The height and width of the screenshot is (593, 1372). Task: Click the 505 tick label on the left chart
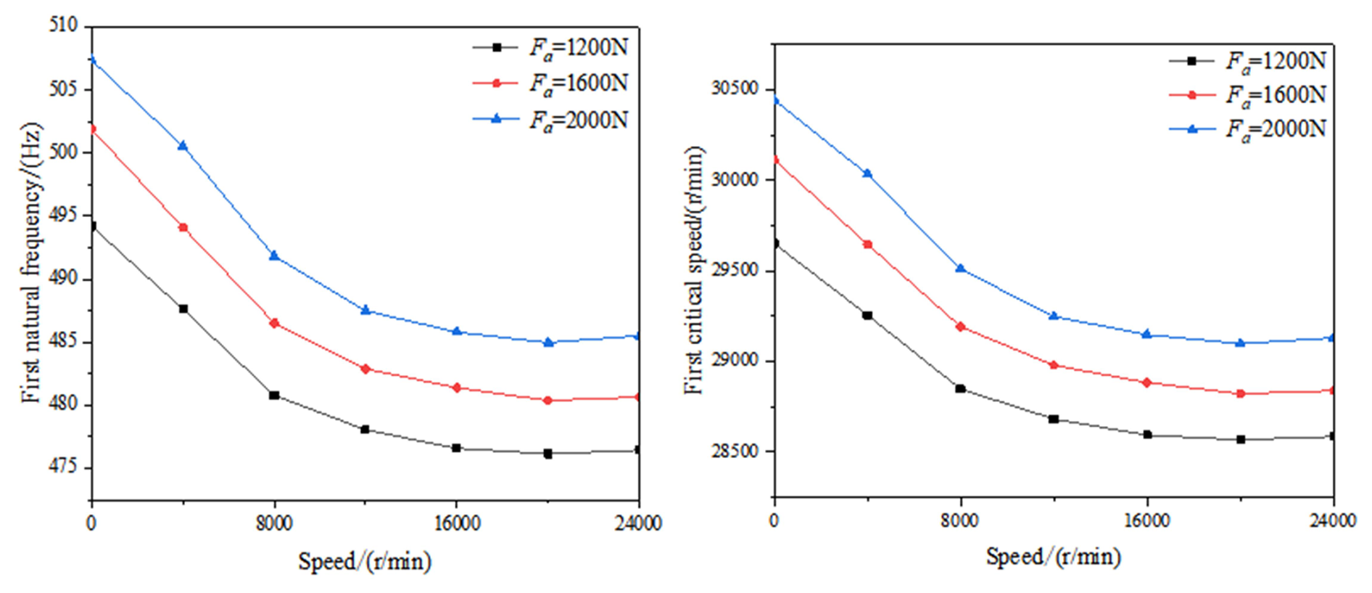pyautogui.click(x=63, y=89)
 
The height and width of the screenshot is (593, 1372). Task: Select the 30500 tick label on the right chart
pyautogui.click(x=734, y=89)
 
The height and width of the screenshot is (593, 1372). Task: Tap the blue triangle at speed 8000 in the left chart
pyautogui.click(x=274, y=256)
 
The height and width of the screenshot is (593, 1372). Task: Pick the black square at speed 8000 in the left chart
pyautogui.click(x=274, y=396)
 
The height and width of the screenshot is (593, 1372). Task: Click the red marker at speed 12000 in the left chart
pyautogui.click(x=365, y=369)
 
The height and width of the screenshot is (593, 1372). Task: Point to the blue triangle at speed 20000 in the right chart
pyautogui.click(x=1241, y=343)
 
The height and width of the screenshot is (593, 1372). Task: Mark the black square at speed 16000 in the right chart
pyautogui.click(x=1147, y=435)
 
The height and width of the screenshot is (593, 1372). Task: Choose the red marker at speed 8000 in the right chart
pyautogui.click(x=961, y=327)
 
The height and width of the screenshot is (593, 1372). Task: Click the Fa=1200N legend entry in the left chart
pyautogui.click(x=551, y=48)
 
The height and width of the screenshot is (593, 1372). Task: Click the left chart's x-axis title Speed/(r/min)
pyautogui.click(x=365, y=561)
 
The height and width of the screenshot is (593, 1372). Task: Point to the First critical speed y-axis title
pyautogui.click(x=694, y=270)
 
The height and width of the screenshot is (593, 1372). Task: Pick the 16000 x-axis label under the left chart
pyautogui.click(x=457, y=523)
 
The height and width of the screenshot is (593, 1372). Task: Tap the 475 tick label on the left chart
pyautogui.click(x=63, y=467)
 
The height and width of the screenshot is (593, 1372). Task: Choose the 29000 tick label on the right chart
pyautogui.click(x=734, y=361)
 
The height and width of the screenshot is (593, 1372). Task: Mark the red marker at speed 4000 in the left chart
pyautogui.click(x=183, y=228)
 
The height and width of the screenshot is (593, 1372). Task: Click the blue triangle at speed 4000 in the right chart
pyautogui.click(x=867, y=173)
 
